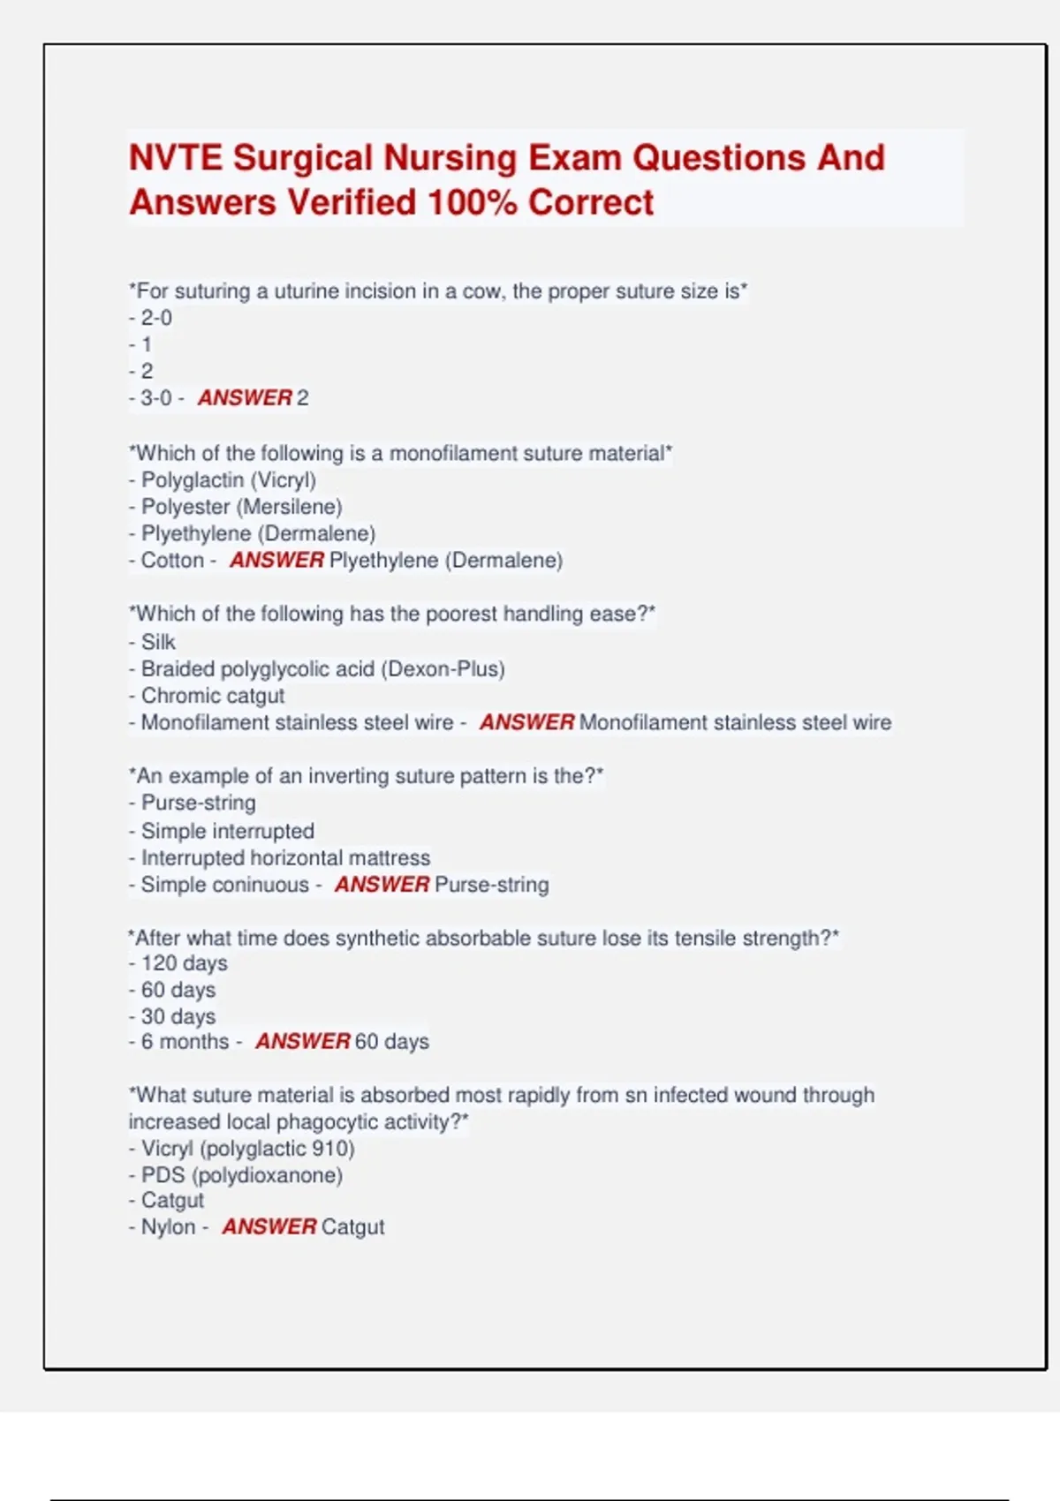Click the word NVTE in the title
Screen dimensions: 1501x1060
(x=175, y=158)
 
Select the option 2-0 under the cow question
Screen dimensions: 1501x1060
(x=156, y=318)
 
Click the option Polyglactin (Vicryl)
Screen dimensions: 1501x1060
(x=228, y=480)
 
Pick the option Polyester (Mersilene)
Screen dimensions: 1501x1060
(x=241, y=507)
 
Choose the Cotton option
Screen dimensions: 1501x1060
(x=172, y=561)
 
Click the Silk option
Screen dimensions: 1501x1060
(x=158, y=642)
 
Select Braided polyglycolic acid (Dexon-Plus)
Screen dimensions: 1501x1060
(x=322, y=669)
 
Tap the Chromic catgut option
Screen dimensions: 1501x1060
(x=212, y=696)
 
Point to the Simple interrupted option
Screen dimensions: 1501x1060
(x=227, y=831)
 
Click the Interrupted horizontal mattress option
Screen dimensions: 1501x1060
(x=285, y=857)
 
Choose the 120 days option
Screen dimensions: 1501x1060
(x=184, y=963)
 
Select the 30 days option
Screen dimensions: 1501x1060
(x=178, y=1016)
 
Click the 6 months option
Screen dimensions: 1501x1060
(x=185, y=1042)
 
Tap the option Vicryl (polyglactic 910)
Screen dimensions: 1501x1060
(x=247, y=1149)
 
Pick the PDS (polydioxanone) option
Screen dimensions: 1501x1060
(x=241, y=1175)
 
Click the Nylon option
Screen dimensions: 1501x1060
(x=168, y=1227)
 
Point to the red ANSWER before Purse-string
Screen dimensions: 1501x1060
(x=382, y=885)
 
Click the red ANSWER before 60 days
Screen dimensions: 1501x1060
(x=303, y=1042)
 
